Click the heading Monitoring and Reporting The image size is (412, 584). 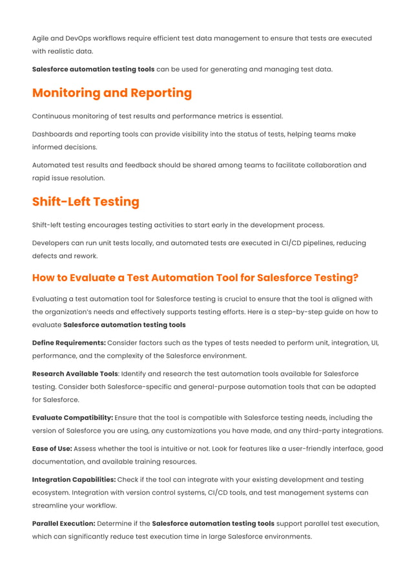[x=112, y=93]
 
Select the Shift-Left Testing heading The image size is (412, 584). [x=86, y=202]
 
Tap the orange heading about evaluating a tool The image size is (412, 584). [x=195, y=278]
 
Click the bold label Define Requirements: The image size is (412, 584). [x=69, y=343]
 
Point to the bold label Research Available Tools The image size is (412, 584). [x=75, y=374]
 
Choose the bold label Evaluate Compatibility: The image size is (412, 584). [x=72, y=418]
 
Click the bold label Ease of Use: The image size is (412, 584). [x=52, y=449]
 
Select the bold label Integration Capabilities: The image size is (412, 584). [x=74, y=480]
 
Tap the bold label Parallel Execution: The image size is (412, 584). [x=64, y=524]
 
